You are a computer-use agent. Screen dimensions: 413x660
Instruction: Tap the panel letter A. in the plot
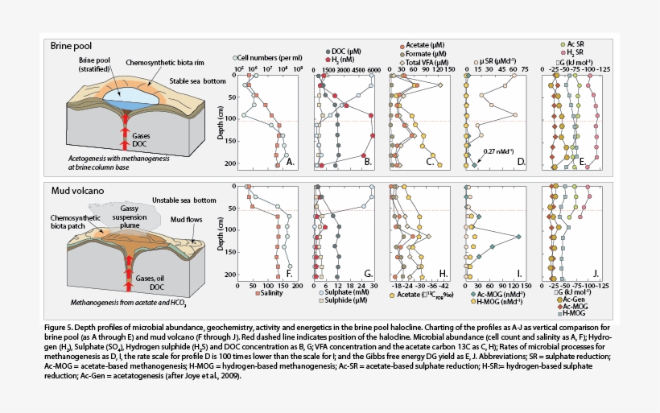[x=292, y=162]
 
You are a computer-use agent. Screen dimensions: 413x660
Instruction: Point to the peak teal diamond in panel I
[x=518, y=237]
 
